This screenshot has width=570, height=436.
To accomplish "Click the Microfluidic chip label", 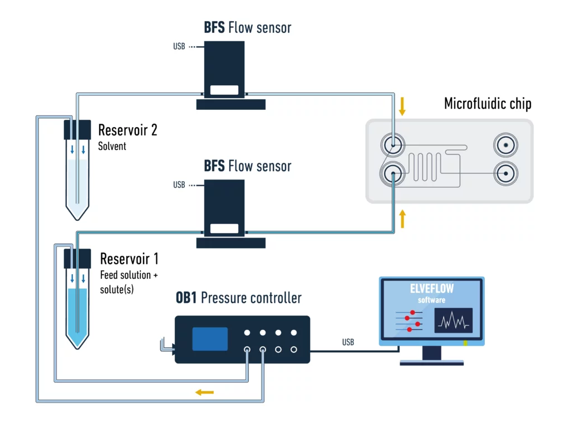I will pyautogui.click(x=488, y=104).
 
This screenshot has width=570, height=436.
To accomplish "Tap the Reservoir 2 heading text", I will pyautogui.click(x=127, y=130).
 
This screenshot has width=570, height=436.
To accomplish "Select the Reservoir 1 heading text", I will pyautogui.click(x=129, y=259).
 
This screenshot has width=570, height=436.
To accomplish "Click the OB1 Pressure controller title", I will pyautogui.click(x=238, y=298).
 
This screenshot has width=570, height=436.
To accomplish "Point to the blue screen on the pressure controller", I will pyautogui.click(x=210, y=339).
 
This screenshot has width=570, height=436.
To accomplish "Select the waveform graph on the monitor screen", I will pyautogui.click(x=454, y=321).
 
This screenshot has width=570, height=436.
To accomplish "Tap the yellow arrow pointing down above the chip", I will pyautogui.click(x=402, y=106).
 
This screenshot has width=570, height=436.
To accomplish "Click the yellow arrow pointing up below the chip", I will pyautogui.click(x=402, y=220).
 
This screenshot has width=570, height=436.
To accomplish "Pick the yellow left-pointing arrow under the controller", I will pyautogui.click(x=204, y=393).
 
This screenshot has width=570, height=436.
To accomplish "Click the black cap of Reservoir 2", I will pyautogui.click(x=77, y=130).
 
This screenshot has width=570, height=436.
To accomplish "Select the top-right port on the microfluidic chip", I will pyautogui.click(x=505, y=146).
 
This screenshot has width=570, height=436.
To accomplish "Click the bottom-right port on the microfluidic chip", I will pyautogui.click(x=505, y=173).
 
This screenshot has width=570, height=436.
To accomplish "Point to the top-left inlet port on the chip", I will pyautogui.click(x=392, y=146).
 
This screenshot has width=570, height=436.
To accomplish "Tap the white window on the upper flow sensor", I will pyautogui.click(x=224, y=89).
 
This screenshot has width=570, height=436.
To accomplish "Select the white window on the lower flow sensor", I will pyautogui.click(x=224, y=228).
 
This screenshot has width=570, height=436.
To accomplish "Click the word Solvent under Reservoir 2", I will pyautogui.click(x=112, y=146).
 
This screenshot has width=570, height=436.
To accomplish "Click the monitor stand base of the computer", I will pyautogui.click(x=431, y=362).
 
